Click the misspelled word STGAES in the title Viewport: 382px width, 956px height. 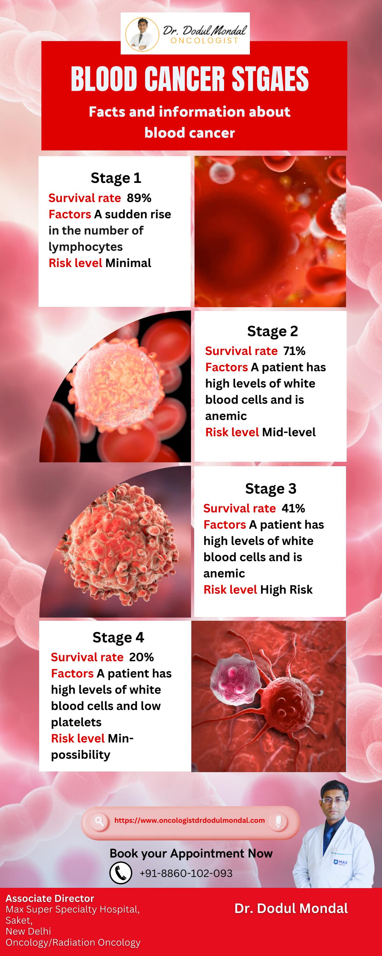(x=270, y=79)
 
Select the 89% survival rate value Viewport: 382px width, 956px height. (x=139, y=198)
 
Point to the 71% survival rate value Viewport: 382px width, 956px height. (x=294, y=351)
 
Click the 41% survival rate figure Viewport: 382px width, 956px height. (x=293, y=508)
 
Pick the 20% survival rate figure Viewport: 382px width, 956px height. (x=141, y=657)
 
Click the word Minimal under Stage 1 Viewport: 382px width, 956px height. (x=128, y=263)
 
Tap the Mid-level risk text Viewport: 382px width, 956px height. (x=288, y=432)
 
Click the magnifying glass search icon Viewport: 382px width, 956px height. (x=99, y=821)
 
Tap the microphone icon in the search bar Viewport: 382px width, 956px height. (x=279, y=821)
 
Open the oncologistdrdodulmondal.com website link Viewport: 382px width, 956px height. (x=189, y=821)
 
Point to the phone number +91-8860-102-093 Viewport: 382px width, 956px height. (x=186, y=873)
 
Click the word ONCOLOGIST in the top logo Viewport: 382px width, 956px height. (x=204, y=40)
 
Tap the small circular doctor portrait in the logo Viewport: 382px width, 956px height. (x=141, y=34)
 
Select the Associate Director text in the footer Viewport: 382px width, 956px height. (x=50, y=898)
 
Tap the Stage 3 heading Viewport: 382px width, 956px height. (x=270, y=489)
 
